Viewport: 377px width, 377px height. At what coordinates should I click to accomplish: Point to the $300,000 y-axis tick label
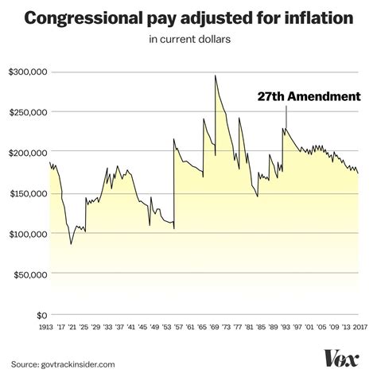click(26, 72)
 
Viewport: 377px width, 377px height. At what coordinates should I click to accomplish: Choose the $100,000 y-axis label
click(26, 234)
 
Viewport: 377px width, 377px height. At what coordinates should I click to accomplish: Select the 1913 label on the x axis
click(50, 326)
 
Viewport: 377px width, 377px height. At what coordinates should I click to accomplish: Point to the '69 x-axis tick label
click(216, 326)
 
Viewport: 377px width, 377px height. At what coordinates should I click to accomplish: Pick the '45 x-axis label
click(144, 326)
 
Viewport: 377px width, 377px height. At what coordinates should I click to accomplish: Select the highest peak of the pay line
click(216, 76)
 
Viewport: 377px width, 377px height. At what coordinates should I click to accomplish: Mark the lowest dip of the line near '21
click(71, 243)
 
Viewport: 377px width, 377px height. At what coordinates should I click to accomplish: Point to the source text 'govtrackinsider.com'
click(82, 363)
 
